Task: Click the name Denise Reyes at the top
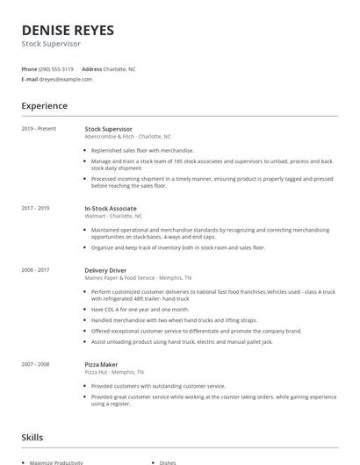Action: click(x=68, y=30)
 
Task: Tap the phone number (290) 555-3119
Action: click(x=56, y=68)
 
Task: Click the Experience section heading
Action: click(x=44, y=106)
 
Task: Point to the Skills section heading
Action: click(x=33, y=436)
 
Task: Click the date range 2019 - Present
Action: click(x=39, y=129)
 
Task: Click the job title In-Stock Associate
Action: click(x=110, y=208)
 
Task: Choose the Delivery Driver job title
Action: click(x=105, y=270)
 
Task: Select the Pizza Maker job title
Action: click(x=102, y=364)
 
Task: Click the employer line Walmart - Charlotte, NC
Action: click(x=113, y=216)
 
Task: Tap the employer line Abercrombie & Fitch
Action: click(x=127, y=137)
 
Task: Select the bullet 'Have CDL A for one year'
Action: click(x=140, y=310)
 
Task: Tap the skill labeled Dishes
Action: click(x=168, y=462)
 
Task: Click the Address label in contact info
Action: click(x=91, y=68)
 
